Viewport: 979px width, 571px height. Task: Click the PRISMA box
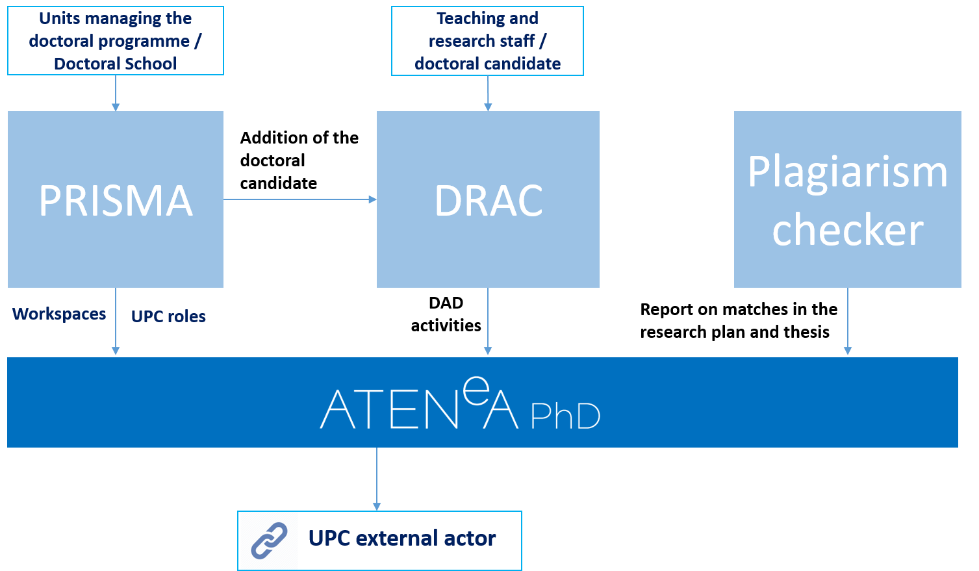(x=116, y=199)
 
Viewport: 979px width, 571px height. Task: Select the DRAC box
(x=488, y=199)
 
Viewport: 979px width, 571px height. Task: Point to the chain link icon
(x=269, y=540)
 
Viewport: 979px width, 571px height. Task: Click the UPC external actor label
(x=402, y=539)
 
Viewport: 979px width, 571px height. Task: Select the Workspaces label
(x=59, y=314)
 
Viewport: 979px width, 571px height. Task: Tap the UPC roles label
(x=168, y=316)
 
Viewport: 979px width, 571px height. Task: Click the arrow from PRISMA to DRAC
(x=299, y=199)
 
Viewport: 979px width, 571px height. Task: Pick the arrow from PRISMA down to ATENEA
(x=116, y=322)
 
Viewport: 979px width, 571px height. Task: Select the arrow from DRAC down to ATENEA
(x=488, y=322)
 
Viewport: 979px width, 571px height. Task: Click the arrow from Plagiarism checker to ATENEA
(x=847, y=322)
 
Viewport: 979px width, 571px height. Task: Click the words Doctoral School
(x=115, y=64)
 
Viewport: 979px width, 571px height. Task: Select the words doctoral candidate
(x=487, y=64)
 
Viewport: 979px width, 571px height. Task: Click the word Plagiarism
(x=847, y=172)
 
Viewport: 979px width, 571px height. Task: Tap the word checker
(x=847, y=230)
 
